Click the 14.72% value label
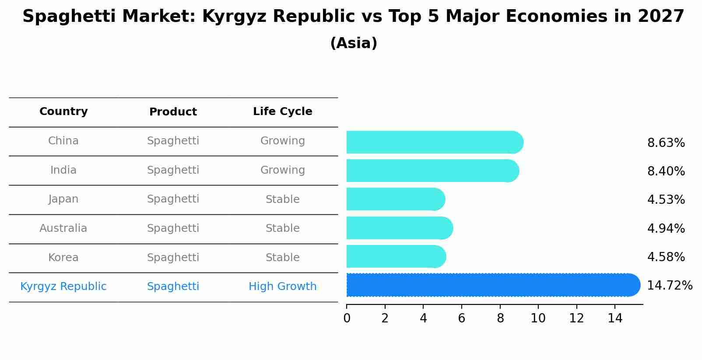[x=669, y=286]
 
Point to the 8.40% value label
[x=666, y=171]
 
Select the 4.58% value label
[x=666, y=257]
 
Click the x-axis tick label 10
[x=538, y=318]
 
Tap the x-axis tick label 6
[x=461, y=318]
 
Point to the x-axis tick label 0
[x=347, y=318]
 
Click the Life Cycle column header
[x=282, y=112]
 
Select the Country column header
[x=63, y=112]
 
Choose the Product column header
[x=173, y=112]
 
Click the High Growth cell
[x=282, y=287]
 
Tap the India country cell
[x=63, y=170]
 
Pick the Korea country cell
[x=63, y=258]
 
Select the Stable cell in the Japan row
[x=282, y=199]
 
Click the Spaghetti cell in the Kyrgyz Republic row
[x=173, y=287]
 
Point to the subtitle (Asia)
[x=354, y=43]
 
